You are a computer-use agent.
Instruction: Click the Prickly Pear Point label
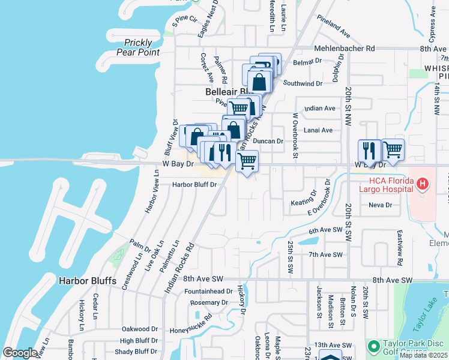pos(142,47)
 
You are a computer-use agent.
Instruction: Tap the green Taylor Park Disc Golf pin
pos(373,346)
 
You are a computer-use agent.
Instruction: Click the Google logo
pos(20,353)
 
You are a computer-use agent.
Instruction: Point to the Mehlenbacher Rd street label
pos(345,48)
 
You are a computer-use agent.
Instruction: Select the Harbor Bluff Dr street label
pos(194,185)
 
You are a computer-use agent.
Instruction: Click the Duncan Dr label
pos(268,141)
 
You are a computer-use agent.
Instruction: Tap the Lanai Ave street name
pos(318,130)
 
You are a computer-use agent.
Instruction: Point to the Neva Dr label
pos(380,205)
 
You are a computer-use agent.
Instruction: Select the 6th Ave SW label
pos(325,230)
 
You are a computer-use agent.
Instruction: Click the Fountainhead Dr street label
pos(208,291)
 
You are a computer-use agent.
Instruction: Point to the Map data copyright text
pos(424,355)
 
